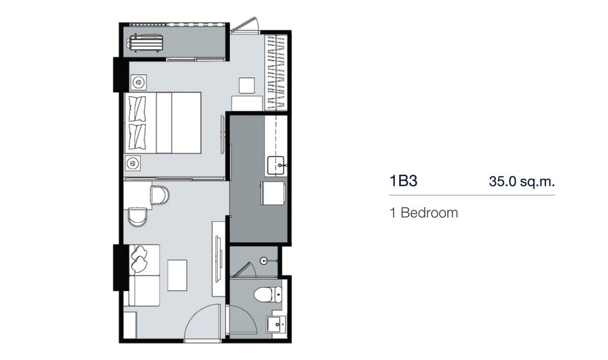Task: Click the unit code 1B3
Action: tap(403, 181)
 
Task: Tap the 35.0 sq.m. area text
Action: tap(522, 181)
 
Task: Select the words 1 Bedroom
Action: tap(424, 213)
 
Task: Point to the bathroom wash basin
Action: tap(276, 325)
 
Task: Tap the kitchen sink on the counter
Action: tap(278, 165)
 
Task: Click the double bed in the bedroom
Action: tap(163, 123)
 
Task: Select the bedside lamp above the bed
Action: tap(138, 83)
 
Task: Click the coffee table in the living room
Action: tap(177, 275)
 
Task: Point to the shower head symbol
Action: tap(264, 261)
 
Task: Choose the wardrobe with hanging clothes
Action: tap(276, 72)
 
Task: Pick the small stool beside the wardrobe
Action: tap(247, 85)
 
